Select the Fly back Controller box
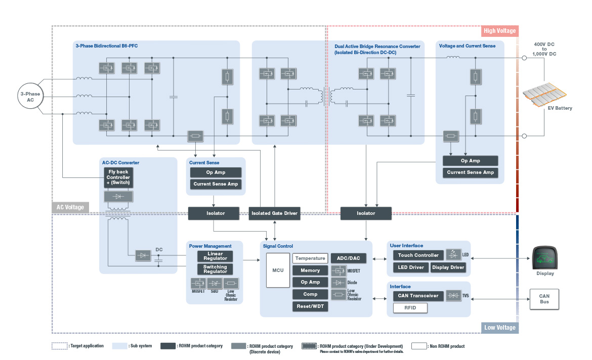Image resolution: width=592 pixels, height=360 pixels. click(x=118, y=177)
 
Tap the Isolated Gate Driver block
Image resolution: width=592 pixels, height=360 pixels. click(x=275, y=213)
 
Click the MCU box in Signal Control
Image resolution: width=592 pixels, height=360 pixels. click(x=277, y=270)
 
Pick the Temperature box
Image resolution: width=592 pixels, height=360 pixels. click(x=310, y=258)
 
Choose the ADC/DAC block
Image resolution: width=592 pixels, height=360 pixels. click(x=348, y=258)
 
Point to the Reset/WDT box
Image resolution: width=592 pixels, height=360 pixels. click(x=310, y=306)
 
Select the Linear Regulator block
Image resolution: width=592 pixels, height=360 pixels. click(x=215, y=256)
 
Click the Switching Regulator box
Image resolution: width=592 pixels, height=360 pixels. click(x=215, y=269)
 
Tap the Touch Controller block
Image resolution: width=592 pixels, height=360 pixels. click(x=418, y=255)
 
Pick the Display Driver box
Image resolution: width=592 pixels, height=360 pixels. click(x=448, y=267)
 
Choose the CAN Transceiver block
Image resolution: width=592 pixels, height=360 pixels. click(x=418, y=296)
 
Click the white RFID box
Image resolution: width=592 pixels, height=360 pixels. click(x=410, y=308)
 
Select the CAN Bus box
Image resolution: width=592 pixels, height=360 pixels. click(x=544, y=299)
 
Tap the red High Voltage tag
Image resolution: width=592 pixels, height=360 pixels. click(x=499, y=31)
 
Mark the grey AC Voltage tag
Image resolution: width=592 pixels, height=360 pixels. click(x=70, y=207)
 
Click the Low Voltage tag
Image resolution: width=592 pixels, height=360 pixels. click(x=499, y=328)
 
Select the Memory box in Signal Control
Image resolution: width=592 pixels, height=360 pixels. click(x=310, y=271)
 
